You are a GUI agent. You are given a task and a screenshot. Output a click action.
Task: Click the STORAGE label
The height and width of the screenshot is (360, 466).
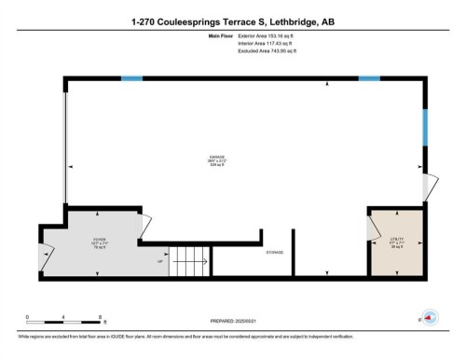[274, 253]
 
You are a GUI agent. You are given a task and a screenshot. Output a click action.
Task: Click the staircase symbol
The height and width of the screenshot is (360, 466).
[186, 259]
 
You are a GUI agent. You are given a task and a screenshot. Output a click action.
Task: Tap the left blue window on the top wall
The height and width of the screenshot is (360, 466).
[131, 78]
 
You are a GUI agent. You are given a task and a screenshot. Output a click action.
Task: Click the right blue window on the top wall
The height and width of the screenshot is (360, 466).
[370, 78]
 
